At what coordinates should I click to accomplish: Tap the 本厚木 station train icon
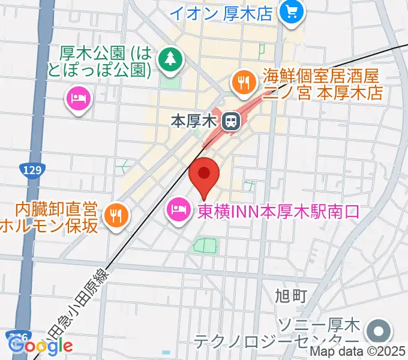tap(229, 122)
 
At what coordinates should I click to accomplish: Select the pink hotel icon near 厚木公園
tap(79, 97)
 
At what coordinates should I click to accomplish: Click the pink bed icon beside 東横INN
tap(179, 210)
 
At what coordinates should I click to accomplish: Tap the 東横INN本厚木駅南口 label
tap(278, 211)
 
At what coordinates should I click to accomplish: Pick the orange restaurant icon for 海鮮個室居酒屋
tap(243, 83)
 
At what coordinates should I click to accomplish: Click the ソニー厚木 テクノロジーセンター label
tap(276, 334)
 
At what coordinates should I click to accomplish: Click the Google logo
tap(40, 346)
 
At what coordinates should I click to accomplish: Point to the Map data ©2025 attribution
tap(357, 352)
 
